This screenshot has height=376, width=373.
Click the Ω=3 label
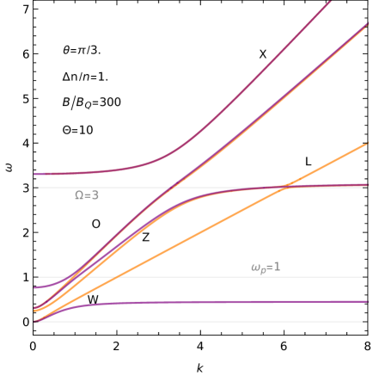[87, 195]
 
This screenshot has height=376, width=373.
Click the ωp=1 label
[265, 268]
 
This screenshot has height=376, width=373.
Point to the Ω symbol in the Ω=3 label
[79, 195]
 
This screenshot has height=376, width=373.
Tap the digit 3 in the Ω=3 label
[95, 195]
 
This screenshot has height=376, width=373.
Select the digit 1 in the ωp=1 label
[277, 267]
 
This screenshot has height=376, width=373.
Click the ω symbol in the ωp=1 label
[254, 268]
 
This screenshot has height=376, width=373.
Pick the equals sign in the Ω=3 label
[88, 195]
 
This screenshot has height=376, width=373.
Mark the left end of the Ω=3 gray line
[39, 187]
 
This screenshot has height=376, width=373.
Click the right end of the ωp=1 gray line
[362, 277]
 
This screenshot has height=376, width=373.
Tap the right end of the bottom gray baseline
[362, 322]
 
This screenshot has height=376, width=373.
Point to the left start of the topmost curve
[35, 174]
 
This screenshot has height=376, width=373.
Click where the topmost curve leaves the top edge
[329, 3]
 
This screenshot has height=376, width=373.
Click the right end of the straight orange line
[367, 143]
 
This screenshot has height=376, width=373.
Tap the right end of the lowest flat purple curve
[367, 302]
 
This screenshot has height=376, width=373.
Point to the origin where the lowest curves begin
[35, 322]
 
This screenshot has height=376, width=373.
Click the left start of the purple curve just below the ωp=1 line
[35, 287]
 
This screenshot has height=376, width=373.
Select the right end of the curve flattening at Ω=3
[367, 184]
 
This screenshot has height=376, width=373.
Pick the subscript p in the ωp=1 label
[262, 270]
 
